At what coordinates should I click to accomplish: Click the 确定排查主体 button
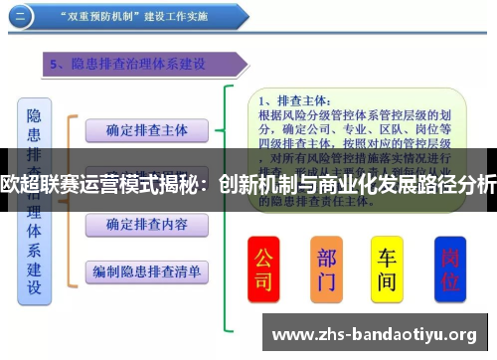[x=146, y=129]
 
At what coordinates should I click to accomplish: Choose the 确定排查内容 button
[x=146, y=226]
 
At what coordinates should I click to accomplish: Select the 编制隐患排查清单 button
[x=146, y=270]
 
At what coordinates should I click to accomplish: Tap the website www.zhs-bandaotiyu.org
[x=378, y=335]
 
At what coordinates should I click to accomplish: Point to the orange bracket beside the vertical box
[x=70, y=199]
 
